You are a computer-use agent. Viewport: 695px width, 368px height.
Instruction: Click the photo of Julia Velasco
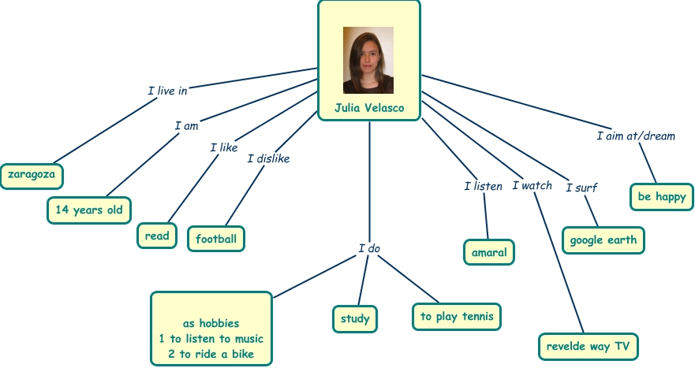[368, 60]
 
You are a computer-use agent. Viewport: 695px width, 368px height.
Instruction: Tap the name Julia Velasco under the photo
[368, 107]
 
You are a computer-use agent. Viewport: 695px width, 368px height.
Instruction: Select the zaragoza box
[32, 175]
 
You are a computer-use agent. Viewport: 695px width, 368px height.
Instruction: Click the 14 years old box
[88, 210]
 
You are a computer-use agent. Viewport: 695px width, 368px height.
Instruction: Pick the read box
[157, 236]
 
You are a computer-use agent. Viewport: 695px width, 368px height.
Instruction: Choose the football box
[216, 238]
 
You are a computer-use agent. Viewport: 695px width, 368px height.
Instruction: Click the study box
[354, 319]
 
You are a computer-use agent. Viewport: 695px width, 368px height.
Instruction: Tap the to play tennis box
[457, 317]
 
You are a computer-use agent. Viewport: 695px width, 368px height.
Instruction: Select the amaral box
[488, 252]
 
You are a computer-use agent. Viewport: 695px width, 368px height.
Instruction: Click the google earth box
[603, 240]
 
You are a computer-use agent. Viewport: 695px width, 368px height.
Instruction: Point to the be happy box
[662, 196]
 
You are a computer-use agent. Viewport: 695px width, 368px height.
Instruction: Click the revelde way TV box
[588, 345]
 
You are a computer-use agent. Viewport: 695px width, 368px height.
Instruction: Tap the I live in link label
[167, 91]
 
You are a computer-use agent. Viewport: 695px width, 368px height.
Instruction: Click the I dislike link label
[268, 158]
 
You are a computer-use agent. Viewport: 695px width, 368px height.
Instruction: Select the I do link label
[369, 249]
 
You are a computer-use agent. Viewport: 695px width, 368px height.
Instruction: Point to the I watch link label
[532, 186]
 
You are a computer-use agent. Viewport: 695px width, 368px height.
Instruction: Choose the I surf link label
[581, 188]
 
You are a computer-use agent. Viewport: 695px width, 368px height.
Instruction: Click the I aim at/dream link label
[635, 136]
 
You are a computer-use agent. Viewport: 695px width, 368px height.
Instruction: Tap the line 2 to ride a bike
[211, 354]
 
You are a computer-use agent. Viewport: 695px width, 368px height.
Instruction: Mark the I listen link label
[483, 187]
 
